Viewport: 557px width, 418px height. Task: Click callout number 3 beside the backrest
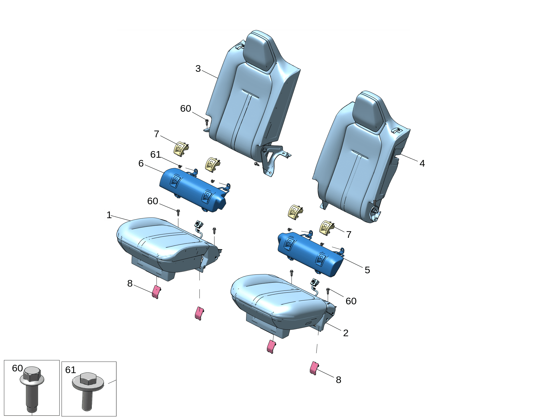pyautogui.click(x=198, y=68)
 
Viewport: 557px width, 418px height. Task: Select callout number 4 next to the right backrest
pyautogui.click(x=422, y=163)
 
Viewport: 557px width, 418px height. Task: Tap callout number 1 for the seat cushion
pyautogui.click(x=109, y=215)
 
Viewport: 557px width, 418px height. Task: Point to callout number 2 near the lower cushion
pyautogui.click(x=346, y=333)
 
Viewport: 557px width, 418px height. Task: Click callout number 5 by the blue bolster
pyautogui.click(x=367, y=270)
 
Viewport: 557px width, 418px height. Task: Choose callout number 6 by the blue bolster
pyautogui.click(x=141, y=163)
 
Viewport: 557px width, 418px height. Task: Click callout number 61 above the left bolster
pyautogui.click(x=155, y=154)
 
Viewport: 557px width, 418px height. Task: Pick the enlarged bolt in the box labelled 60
pyautogui.click(x=32, y=389)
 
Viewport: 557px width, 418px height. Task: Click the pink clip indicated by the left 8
pyautogui.click(x=157, y=292)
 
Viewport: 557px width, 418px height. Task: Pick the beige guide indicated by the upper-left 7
pyautogui.click(x=181, y=149)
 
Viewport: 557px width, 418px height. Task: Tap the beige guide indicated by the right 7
pyautogui.click(x=327, y=228)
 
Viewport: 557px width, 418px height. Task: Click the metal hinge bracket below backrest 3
pyautogui.click(x=272, y=159)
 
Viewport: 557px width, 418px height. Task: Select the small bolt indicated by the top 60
pyautogui.click(x=207, y=122)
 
